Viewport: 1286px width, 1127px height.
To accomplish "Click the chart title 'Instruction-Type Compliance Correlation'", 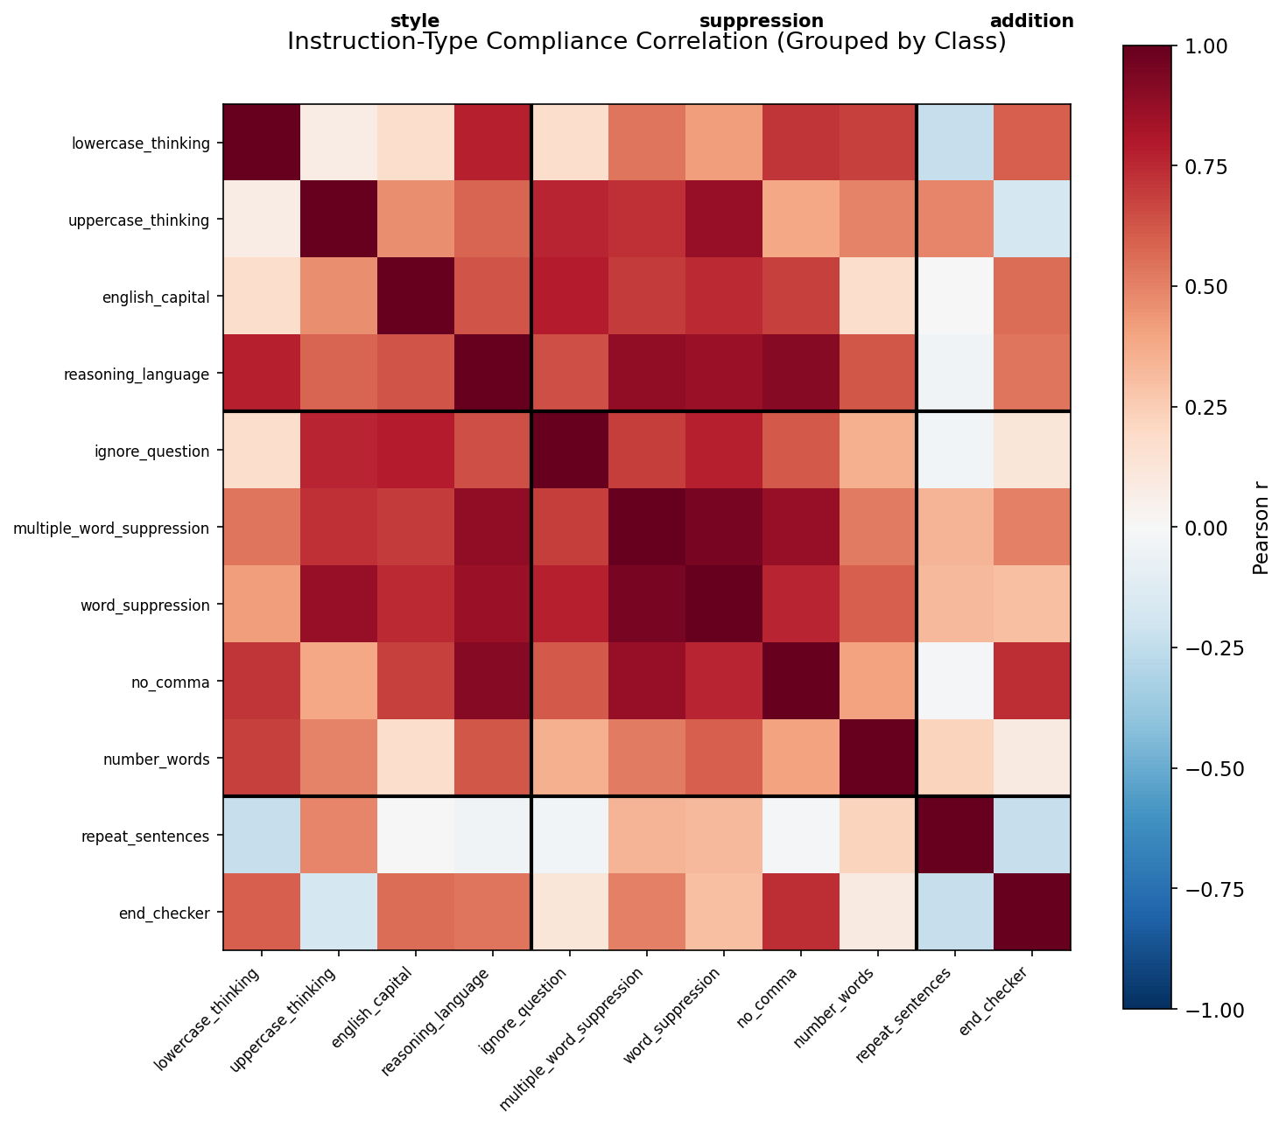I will click(x=646, y=42).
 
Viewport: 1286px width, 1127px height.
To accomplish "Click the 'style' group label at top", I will click(x=415, y=21).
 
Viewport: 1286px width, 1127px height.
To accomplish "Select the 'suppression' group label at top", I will click(x=762, y=21).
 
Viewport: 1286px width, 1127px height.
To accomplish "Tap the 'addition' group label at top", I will click(x=1031, y=21).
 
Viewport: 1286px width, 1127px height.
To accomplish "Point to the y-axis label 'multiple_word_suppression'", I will click(x=111, y=528).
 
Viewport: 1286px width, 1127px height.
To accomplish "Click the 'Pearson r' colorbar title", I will click(x=1261, y=528).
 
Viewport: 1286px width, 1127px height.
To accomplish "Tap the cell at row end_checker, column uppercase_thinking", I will click(x=339, y=912).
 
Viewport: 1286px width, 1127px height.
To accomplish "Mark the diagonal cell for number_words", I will click(x=877, y=758).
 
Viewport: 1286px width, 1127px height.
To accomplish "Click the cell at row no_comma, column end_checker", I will click(x=1031, y=681).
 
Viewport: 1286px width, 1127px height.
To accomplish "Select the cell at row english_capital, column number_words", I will click(x=877, y=297).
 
